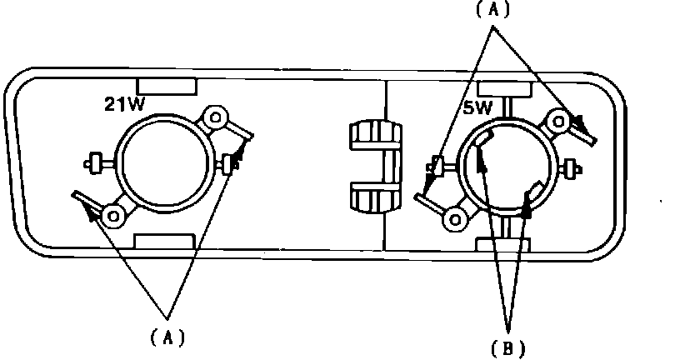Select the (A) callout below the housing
167,337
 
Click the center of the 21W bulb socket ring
159,161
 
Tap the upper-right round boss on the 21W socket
216,117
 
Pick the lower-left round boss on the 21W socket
112,215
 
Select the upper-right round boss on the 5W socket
556,121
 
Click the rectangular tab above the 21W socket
167,85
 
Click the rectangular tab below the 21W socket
163,241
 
